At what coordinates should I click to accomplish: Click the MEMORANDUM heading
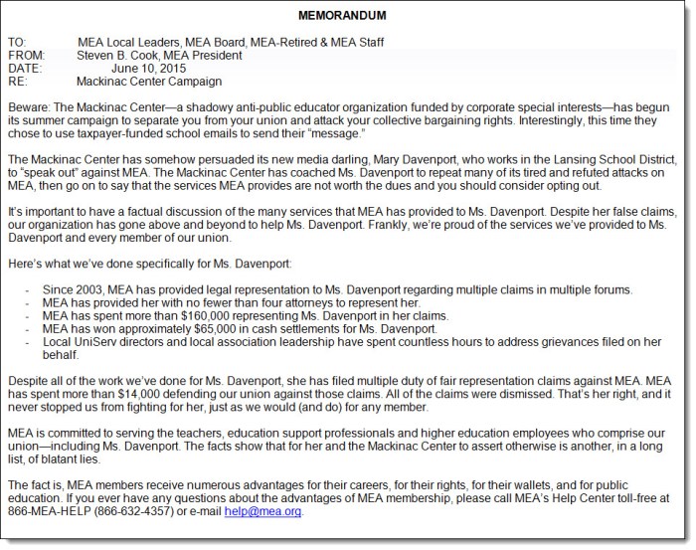coord(344,15)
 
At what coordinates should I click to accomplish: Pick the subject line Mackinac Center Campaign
coord(149,82)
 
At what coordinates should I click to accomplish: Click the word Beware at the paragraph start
coord(29,105)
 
